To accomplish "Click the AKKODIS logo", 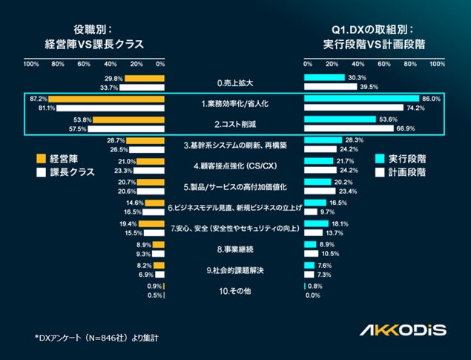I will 403,329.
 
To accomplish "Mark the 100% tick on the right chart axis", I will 437,64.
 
